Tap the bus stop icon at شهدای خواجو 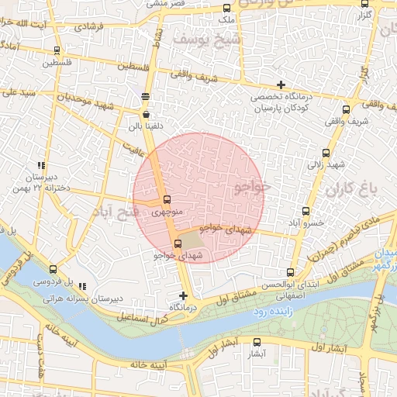click(178, 245)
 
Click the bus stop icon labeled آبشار click(258, 341)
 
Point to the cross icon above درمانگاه click(183, 295)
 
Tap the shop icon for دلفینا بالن click(146, 113)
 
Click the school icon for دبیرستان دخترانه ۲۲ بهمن click(40, 165)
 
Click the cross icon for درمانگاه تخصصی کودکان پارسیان click(281, 85)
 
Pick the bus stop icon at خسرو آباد click(306, 210)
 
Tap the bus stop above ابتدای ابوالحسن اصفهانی click(290, 272)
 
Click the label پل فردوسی click(57, 282)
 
